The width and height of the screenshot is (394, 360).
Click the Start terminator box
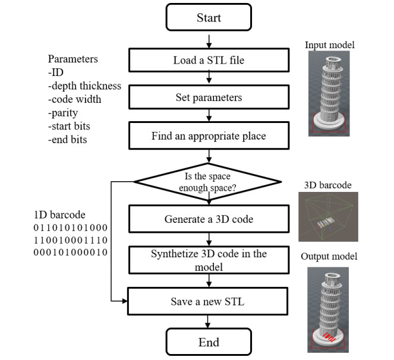(x=209, y=18)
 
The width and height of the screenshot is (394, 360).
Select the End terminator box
(x=208, y=342)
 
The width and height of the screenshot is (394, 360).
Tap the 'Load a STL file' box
(x=207, y=60)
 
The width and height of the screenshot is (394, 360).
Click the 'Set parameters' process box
(x=207, y=97)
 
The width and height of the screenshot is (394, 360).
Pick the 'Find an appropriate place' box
(x=207, y=135)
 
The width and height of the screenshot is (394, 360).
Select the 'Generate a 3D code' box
(x=209, y=219)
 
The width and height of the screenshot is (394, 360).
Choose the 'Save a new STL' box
(x=209, y=302)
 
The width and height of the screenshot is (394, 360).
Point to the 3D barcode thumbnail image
(x=324, y=216)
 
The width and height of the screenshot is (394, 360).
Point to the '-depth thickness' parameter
(x=85, y=86)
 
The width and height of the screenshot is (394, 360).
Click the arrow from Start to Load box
(x=209, y=40)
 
